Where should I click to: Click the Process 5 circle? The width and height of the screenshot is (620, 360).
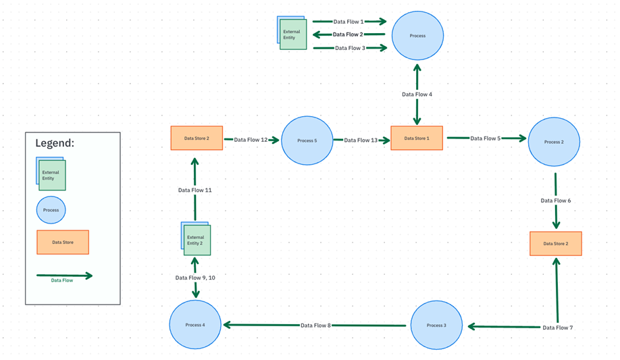(307, 140)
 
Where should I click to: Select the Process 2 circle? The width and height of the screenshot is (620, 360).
(553, 142)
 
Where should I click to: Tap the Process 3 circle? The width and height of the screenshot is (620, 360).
(436, 326)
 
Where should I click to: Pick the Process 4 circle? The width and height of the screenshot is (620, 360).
(195, 325)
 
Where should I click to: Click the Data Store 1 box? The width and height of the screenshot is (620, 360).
(417, 138)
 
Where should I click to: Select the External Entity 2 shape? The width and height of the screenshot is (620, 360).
(197, 240)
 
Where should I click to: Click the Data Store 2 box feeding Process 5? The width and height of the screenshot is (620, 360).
(197, 138)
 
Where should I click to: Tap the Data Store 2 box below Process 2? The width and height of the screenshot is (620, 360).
(555, 244)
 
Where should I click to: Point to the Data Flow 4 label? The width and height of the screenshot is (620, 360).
(417, 95)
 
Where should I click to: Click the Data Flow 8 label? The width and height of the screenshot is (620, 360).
(315, 326)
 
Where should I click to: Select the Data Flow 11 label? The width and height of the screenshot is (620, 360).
(195, 190)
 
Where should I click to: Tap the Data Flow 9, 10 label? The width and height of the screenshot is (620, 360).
(195, 278)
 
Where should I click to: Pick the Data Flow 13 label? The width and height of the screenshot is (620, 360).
(361, 140)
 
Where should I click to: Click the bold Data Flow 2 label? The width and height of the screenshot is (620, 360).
(348, 34)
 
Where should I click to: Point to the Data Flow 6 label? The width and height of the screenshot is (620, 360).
(556, 201)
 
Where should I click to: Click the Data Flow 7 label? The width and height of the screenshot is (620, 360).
(557, 328)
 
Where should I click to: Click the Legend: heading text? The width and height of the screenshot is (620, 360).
(55, 144)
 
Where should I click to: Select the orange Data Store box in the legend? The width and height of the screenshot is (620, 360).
(63, 242)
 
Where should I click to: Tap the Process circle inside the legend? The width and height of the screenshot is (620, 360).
(51, 210)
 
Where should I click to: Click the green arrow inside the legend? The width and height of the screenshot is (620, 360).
(64, 275)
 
